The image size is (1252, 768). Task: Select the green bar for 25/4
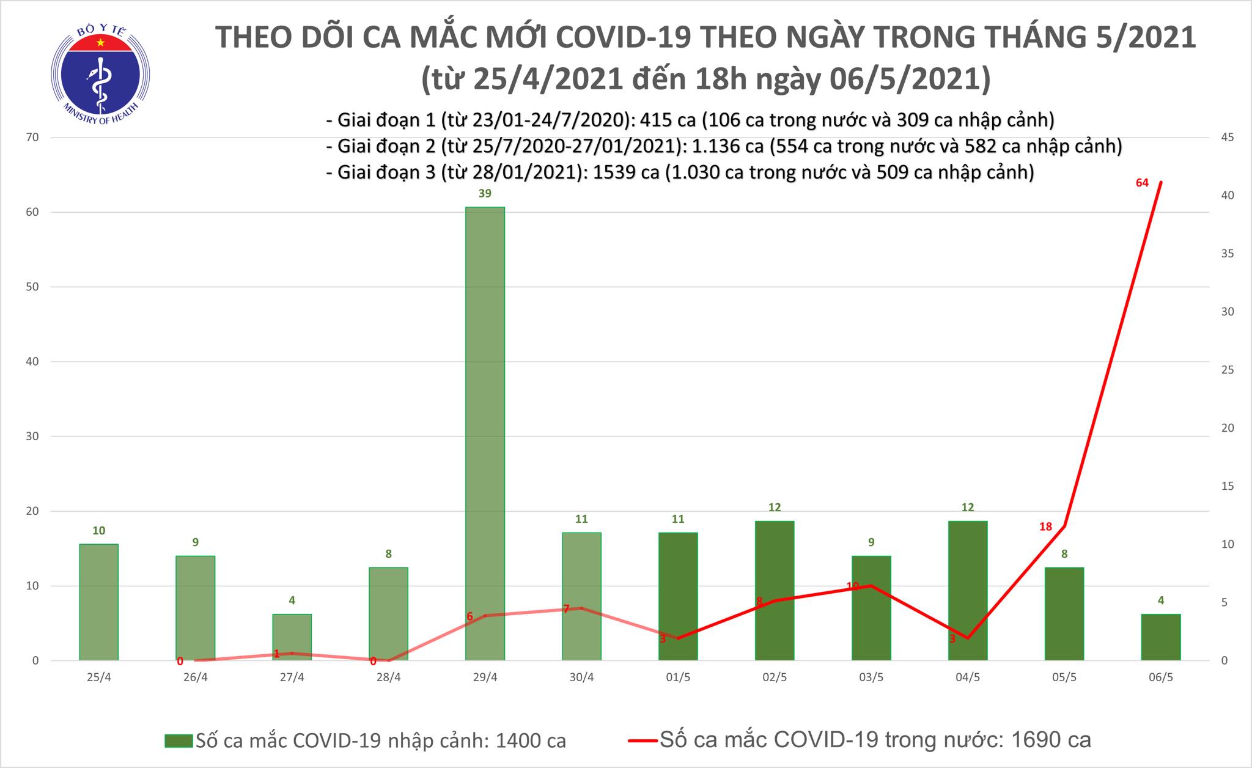(x=99, y=602)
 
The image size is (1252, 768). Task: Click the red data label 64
(x=1142, y=183)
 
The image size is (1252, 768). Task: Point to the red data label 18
(x=1045, y=526)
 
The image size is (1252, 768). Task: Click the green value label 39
(x=485, y=194)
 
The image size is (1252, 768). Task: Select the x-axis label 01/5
(x=678, y=678)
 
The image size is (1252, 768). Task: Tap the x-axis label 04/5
(x=968, y=678)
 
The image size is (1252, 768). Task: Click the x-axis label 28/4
(x=389, y=678)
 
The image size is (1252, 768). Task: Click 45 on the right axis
(x=1228, y=138)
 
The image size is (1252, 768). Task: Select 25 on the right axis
(x=1228, y=370)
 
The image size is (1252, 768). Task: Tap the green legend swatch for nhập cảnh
(x=179, y=741)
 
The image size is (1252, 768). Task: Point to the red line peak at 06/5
(x=1160, y=182)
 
